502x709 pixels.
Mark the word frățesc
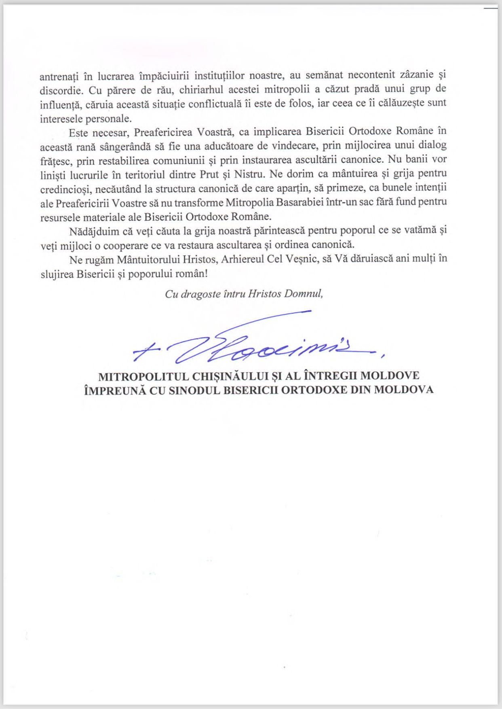coord(55,161)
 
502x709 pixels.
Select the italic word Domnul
coord(304,294)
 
